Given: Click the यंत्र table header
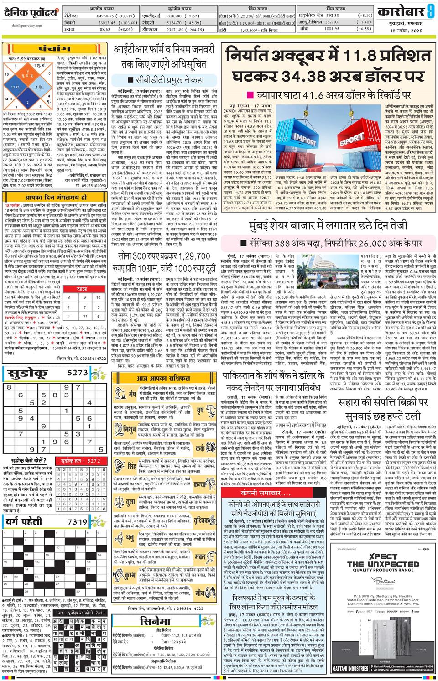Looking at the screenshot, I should click(82, 288).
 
